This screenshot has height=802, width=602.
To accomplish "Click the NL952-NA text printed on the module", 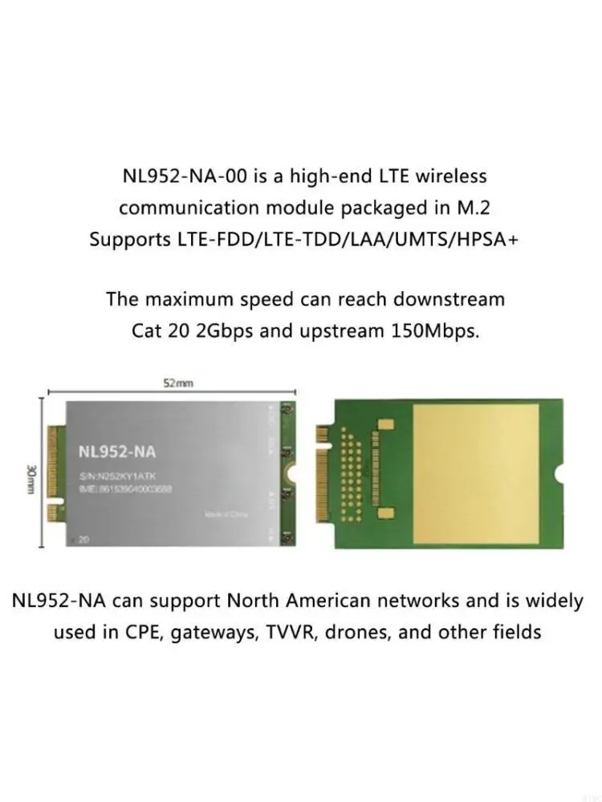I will [117, 452].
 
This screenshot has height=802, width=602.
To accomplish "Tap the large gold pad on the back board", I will [475, 473].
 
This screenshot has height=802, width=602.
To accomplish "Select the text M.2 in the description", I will [470, 208].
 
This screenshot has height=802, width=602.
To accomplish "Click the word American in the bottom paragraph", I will [328, 600].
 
